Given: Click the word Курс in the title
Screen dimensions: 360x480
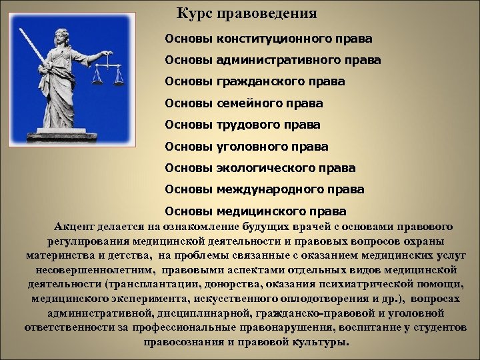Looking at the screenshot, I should [193, 13].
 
